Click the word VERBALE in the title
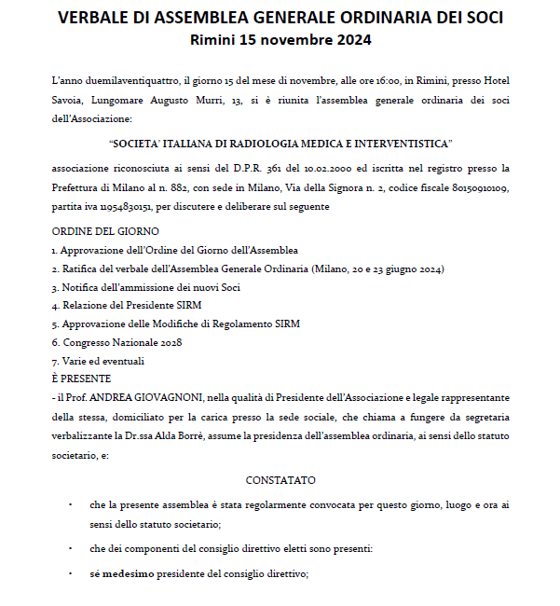pyautogui.click(x=98, y=19)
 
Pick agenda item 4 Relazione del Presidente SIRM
pyautogui.click(x=127, y=306)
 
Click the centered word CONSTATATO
pyautogui.click(x=280, y=480)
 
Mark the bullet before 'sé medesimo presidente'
pyautogui.click(x=70, y=574)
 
